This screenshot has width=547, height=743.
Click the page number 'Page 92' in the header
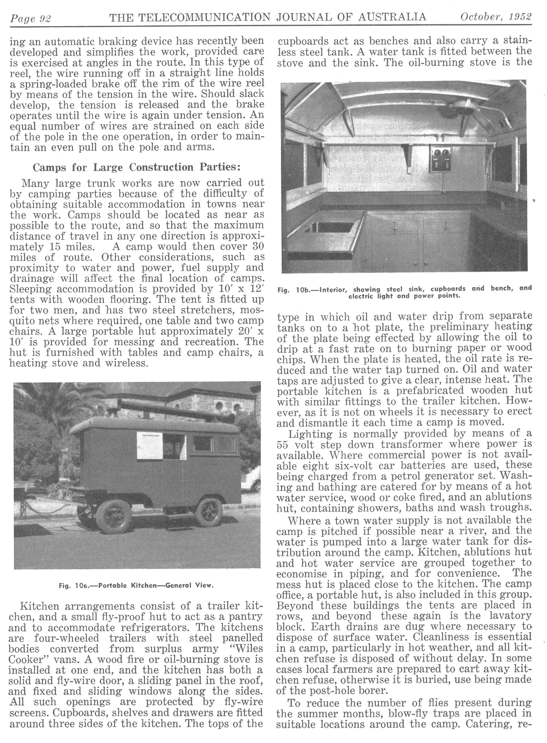[x=31, y=18]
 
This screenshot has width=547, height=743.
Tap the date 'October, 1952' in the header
[x=495, y=17]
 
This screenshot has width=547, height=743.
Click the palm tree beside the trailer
[x=44, y=418]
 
